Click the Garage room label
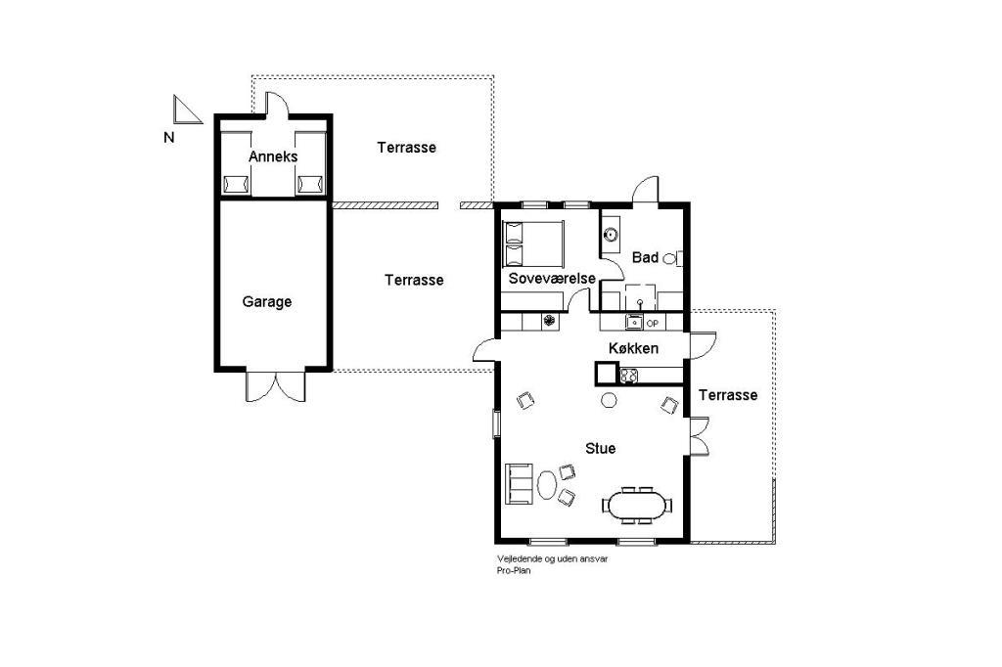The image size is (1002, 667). point(266,301)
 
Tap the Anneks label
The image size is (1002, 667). point(273,156)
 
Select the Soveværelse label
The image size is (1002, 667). point(552,279)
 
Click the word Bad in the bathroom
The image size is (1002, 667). point(645,257)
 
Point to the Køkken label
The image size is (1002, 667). point(633,348)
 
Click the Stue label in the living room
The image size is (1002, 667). point(601,449)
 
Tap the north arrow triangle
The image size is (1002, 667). point(186,110)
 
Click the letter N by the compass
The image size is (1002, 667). point(168,137)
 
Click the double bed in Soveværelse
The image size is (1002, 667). point(533,244)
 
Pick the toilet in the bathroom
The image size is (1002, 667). point(673,259)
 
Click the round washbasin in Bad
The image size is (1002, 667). point(612,235)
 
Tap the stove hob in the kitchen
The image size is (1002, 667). point(629,375)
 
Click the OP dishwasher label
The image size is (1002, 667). point(652,324)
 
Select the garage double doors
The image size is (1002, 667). point(275,386)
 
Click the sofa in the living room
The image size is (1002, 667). point(520,484)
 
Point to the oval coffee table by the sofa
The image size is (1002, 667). point(547,485)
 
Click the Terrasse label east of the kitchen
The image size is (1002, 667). point(728,395)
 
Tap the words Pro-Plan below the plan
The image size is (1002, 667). point(514,570)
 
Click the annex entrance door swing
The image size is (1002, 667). point(277,104)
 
